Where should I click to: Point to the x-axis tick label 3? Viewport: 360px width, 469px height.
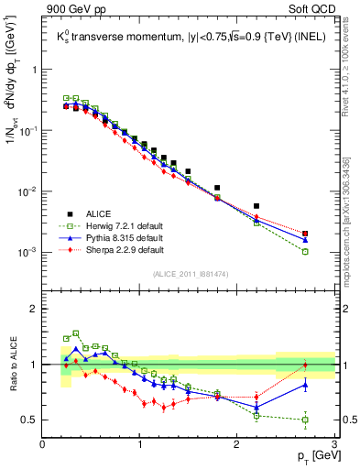tap(333, 444)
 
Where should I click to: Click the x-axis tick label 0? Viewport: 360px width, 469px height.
tap(42, 444)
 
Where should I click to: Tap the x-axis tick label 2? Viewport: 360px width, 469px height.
tap(236, 444)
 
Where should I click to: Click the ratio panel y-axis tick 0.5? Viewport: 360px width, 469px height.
tap(30, 420)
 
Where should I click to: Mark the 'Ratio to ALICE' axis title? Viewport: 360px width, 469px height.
tap(12, 364)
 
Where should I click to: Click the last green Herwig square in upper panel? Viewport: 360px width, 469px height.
tap(305, 251)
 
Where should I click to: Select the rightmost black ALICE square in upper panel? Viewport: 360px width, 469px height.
tap(305, 234)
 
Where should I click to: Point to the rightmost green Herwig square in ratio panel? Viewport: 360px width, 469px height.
tap(305, 420)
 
